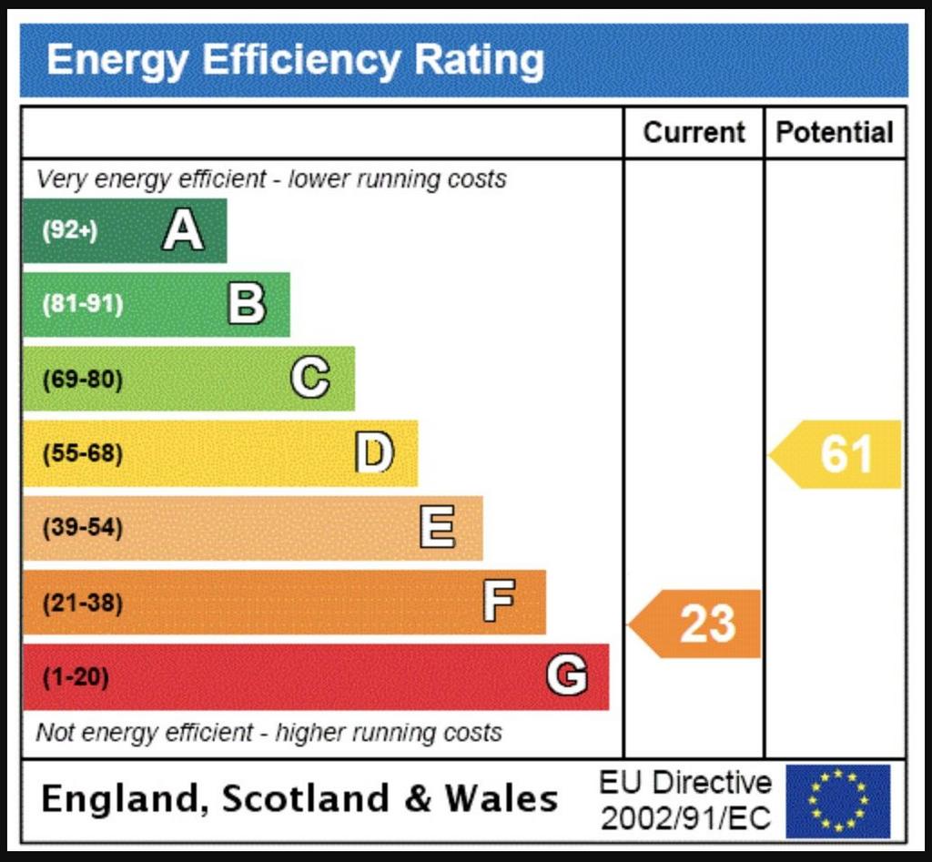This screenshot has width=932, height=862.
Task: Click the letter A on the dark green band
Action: (x=183, y=231)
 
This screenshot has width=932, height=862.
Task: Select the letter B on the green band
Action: (x=247, y=304)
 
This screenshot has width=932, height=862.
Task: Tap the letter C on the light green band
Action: (x=310, y=378)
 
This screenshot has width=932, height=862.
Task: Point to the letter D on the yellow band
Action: (x=374, y=452)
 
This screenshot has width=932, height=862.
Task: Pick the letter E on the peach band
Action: (x=438, y=527)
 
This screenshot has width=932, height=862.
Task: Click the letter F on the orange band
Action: (x=499, y=602)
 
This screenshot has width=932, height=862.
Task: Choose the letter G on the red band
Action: (x=566, y=676)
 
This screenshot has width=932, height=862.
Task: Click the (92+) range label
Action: (x=69, y=231)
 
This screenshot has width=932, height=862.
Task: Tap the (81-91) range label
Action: (x=82, y=304)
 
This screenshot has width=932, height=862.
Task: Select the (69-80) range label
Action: (x=82, y=378)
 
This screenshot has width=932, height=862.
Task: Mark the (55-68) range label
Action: (x=82, y=452)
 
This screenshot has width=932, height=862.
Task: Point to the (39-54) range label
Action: (x=82, y=527)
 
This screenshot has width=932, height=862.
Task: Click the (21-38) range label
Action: (x=82, y=602)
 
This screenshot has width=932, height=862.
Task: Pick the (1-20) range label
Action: (x=76, y=677)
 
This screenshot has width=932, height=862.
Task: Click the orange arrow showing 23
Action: (x=697, y=624)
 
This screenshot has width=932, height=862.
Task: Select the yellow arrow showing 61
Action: (x=837, y=454)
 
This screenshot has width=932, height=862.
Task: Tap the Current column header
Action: (x=694, y=133)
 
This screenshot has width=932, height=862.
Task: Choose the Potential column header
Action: (x=834, y=133)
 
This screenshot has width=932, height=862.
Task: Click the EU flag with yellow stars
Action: (x=838, y=801)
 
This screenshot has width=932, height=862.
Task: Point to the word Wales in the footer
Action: (x=501, y=799)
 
